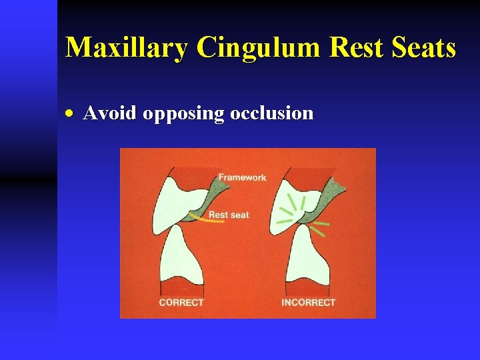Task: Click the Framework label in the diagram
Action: pyautogui.click(x=242, y=177)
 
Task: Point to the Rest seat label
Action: pyautogui.click(x=229, y=215)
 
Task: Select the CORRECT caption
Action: pyautogui.click(x=181, y=303)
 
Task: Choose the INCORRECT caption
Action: pyautogui.click(x=308, y=303)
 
